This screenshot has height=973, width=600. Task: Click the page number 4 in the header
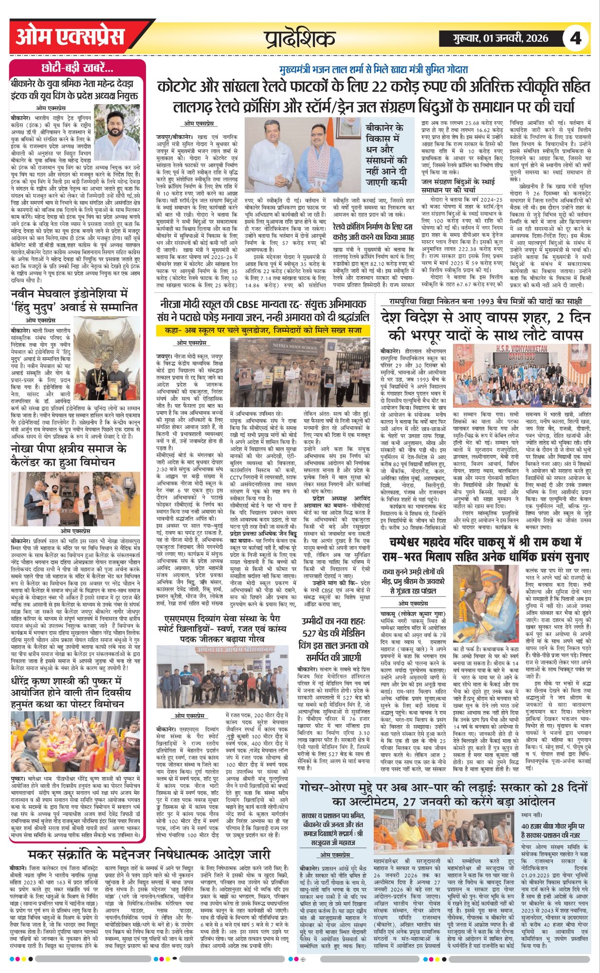[x=576, y=38]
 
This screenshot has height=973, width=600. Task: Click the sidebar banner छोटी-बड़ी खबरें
[x=78, y=67]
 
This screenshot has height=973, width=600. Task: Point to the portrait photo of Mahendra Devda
[x=117, y=130]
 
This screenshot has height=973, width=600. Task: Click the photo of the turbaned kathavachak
[x=486, y=604]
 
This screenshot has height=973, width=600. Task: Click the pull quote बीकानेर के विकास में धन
[x=387, y=154]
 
